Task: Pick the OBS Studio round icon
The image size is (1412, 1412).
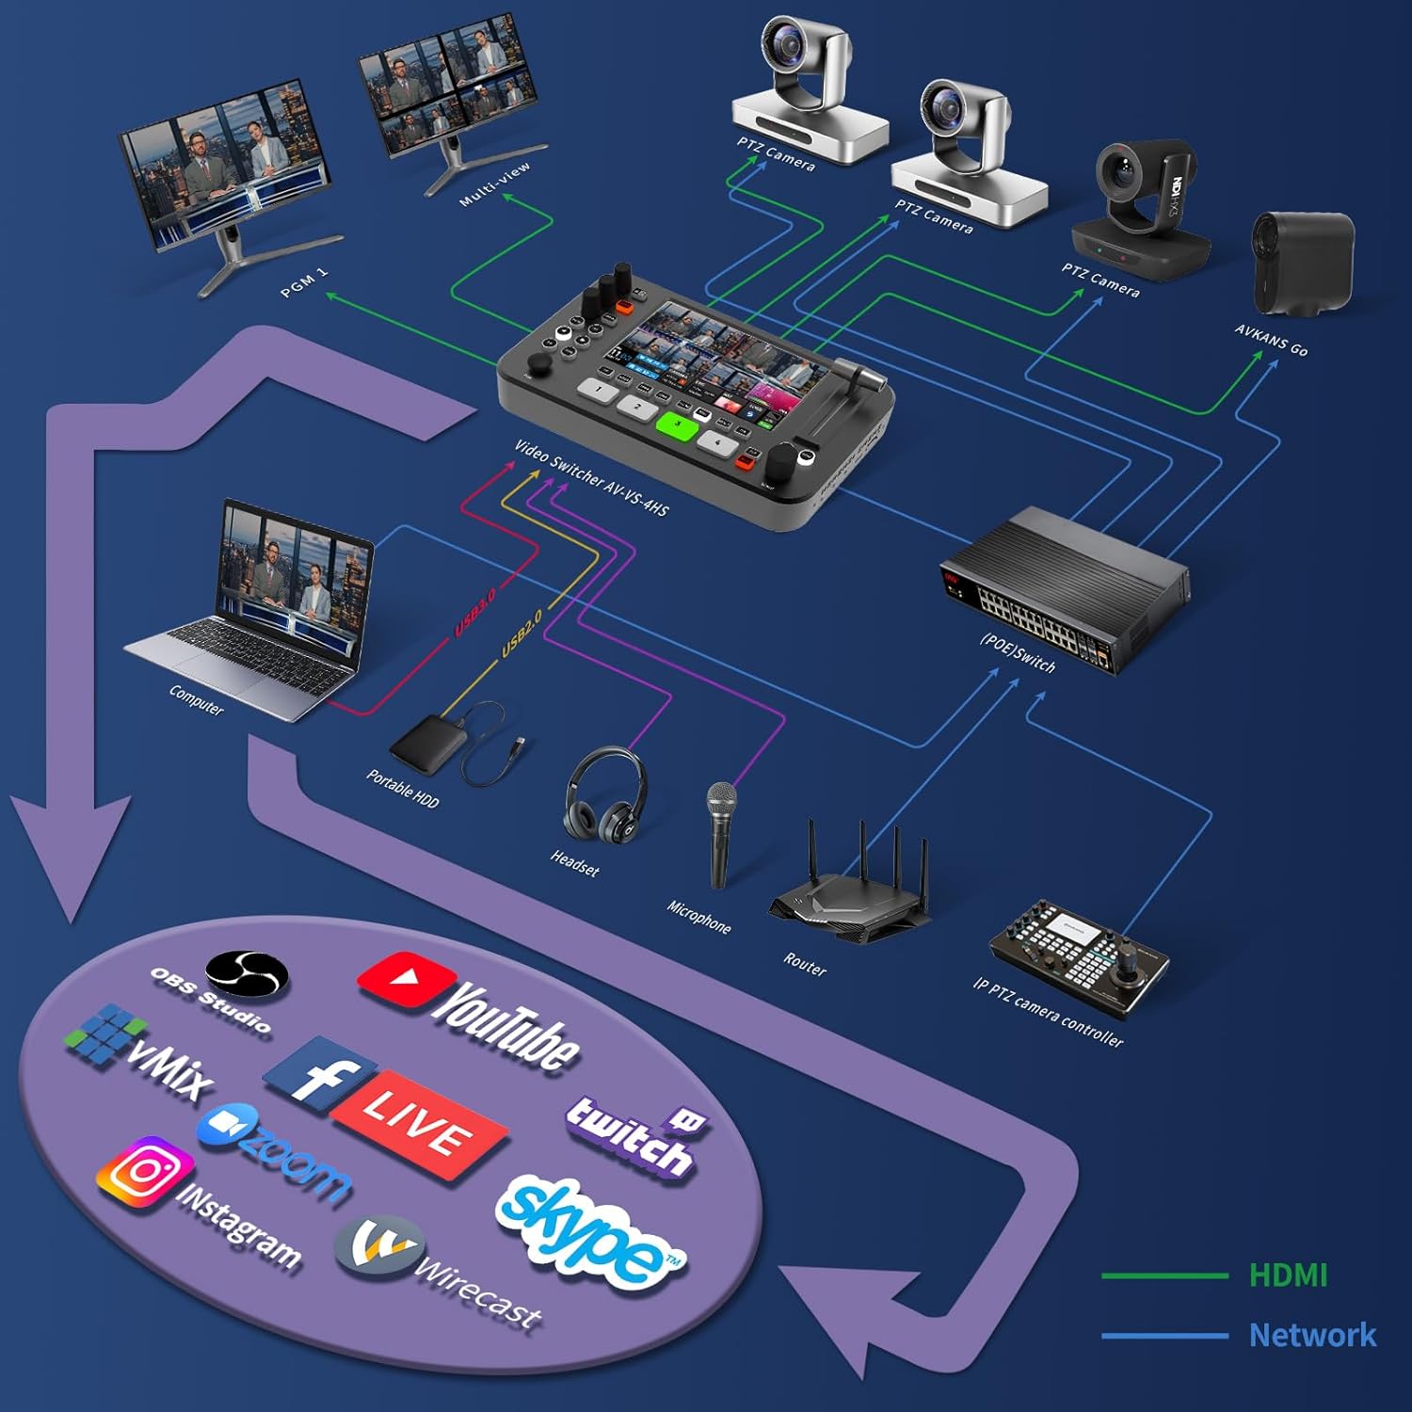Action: (x=247, y=973)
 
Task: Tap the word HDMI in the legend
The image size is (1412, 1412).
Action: (x=1287, y=1276)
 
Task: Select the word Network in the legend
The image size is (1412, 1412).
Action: (x=1311, y=1335)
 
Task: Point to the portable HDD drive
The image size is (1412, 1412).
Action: (x=429, y=743)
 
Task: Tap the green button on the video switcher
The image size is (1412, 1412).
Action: (x=677, y=426)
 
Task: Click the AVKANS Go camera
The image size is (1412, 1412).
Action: (x=1302, y=263)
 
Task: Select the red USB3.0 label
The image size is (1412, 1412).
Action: (x=475, y=613)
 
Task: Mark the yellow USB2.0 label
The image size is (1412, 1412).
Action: (x=521, y=634)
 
